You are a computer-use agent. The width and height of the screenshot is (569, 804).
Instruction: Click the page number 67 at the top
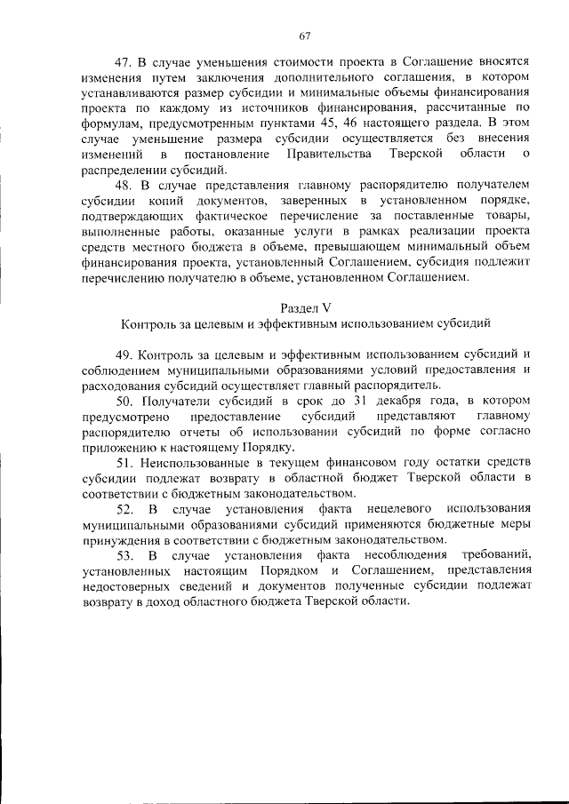pos(304,36)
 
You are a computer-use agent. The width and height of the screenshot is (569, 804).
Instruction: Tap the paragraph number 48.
pos(124,185)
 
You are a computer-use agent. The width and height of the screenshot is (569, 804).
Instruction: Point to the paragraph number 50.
pos(124,400)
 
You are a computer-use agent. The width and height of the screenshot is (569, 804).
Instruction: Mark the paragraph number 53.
pos(124,556)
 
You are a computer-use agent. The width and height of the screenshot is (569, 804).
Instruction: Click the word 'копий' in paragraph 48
pos(168,201)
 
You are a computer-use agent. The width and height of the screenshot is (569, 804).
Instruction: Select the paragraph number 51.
pos(124,462)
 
